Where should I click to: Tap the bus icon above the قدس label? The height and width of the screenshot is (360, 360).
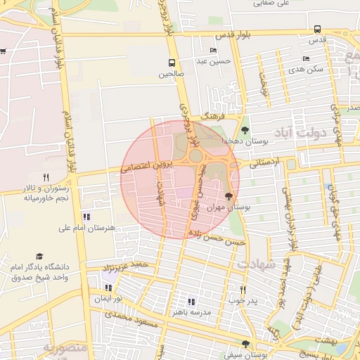pos(318,30)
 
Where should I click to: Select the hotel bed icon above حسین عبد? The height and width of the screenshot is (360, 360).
pos(213,51)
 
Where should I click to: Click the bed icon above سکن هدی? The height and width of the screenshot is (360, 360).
pos(306,58)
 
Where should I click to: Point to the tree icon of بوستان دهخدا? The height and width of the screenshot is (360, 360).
pos(245,130)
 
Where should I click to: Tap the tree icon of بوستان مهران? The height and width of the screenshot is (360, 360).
pos(229,196)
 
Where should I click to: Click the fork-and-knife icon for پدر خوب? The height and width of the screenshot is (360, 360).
pos(243,289)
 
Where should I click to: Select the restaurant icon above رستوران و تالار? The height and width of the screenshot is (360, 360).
pos(46,177)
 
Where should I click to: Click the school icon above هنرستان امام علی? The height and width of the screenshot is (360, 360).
pos(86,217)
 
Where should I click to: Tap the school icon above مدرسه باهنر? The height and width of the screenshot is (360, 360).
pos(191,301)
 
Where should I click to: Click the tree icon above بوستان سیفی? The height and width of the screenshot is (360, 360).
pos(245,343)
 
